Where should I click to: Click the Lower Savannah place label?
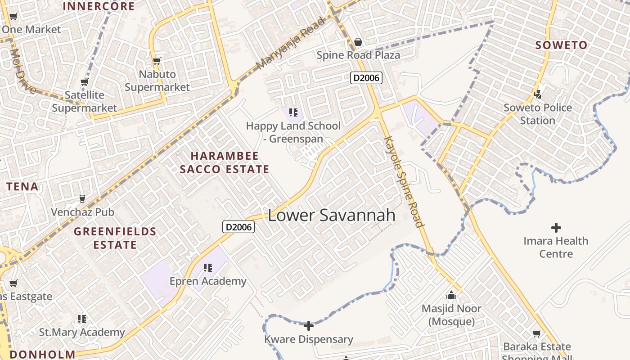(x=332, y=215)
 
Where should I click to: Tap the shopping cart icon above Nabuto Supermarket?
(x=157, y=61)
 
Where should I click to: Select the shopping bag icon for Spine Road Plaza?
(x=358, y=42)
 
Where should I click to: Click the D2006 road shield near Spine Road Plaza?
(x=366, y=78)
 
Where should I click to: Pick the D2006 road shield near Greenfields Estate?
(x=238, y=227)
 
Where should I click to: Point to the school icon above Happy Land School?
(x=293, y=112)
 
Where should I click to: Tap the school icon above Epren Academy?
(x=207, y=268)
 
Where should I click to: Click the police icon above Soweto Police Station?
(x=537, y=94)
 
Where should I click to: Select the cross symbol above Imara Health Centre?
(x=556, y=228)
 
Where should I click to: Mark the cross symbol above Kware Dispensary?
(x=309, y=326)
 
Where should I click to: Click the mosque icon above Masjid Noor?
(x=451, y=296)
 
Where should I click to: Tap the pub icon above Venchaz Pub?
(x=82, y=198)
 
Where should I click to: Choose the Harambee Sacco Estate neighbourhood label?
(x=225, y=162)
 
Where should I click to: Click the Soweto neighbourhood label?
(x=561, y=45)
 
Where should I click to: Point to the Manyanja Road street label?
(x=290, y=44)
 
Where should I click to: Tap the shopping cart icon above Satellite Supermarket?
(x=84, y=82)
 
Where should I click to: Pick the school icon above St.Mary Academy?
(x=82, y=319)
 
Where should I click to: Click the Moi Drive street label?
(x=22, y=71)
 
